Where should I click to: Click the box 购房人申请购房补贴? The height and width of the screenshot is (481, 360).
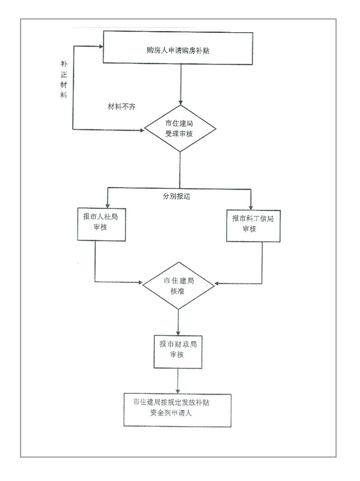pos(178,48)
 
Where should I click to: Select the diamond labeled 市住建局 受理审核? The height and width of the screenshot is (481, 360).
pos(180,128)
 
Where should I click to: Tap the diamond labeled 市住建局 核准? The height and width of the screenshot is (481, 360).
pos(179,285)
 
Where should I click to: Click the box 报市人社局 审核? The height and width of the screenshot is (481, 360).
pos(101,224)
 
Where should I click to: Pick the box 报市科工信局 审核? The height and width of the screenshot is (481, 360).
pos(253,226)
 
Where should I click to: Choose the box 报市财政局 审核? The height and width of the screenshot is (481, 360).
pos(178,352)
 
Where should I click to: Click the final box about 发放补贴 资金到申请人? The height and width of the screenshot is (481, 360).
pos(178,410)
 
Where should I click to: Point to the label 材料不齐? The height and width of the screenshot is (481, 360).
pos(121,106)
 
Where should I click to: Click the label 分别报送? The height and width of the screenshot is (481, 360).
pos(176,196)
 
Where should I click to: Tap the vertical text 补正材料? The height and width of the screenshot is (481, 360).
pos(64,79)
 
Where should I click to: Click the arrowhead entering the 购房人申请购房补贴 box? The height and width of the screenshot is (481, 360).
pos(101,46)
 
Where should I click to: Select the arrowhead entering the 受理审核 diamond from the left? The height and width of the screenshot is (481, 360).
pos(142,131)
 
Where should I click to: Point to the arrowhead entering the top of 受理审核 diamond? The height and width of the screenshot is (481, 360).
pos(181,103)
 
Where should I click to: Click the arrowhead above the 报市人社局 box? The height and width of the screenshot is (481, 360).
pos(108,206)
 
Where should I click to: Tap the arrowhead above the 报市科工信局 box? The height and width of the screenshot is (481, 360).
pos(251,207)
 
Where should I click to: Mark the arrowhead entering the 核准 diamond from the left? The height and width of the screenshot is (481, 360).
pos(140,282)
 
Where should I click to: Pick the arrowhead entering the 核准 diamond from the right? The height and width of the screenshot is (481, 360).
pos(216,284)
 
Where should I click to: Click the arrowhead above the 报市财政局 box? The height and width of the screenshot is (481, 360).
pos(178,333)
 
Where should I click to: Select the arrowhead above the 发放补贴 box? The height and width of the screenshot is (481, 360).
pos(178,391)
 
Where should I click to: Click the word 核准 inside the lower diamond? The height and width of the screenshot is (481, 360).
pos(178,291)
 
